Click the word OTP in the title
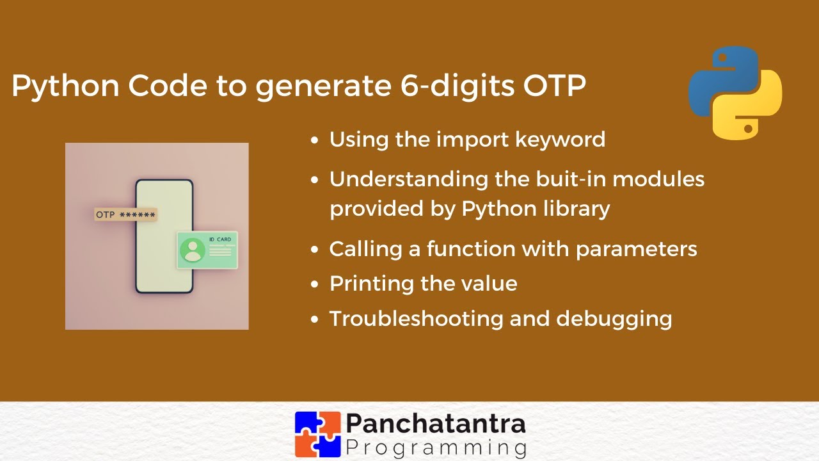tap(554, 86)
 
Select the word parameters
tap(636, 248)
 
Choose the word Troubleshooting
tap(415, 319)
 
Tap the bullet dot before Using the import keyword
tap(314, 140)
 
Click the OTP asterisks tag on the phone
tap(125, 214)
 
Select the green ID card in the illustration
tap(207, 250)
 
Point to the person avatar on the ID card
tap(192, 250)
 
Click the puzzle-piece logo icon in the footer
tap(317, 433)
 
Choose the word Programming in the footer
tap(436, 446)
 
